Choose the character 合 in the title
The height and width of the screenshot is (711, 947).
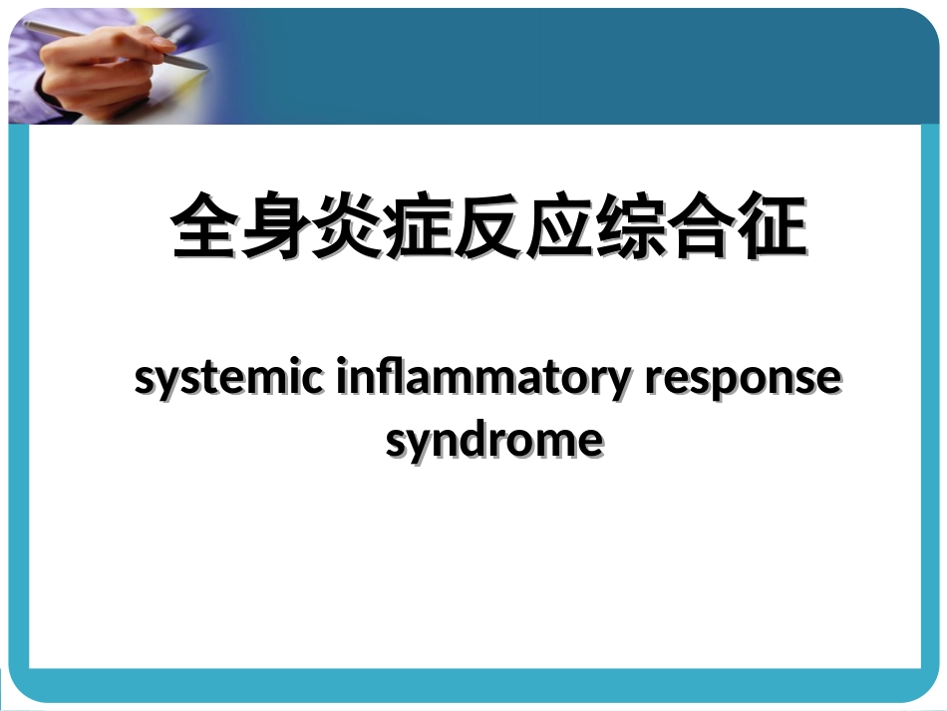pos(702,228)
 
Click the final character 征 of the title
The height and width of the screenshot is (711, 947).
pos(772,228)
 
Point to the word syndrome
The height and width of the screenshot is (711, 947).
pos(494,440)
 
